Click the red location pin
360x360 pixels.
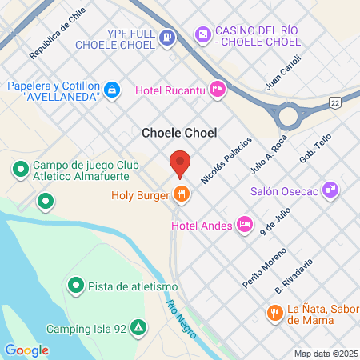tap(180, 162)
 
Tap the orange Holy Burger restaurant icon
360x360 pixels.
tap(182, 194)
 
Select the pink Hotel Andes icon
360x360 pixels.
tap(246, 225)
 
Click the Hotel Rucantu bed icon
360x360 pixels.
tap(216, 89)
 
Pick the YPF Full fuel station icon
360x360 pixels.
tap(166, 36)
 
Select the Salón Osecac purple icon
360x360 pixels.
tap(332, 190)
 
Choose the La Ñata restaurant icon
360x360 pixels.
tap(274, 313)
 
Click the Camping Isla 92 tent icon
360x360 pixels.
tap(138, 328)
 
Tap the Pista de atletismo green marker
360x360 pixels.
tap(75, 284)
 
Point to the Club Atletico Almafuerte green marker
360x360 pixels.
tap(20, 170)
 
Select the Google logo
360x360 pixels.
tap(26, 350)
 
